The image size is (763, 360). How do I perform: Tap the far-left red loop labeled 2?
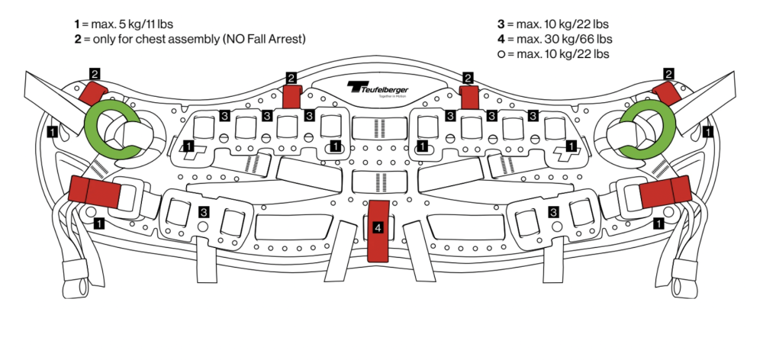pyautogui.click(x=94, y=93)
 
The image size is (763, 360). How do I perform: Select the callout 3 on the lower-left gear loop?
pyautogui.click(x=204, y=211)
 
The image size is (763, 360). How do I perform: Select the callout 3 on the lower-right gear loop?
pyautogui.click(x=553, y=211)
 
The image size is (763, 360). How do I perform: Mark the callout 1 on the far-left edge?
pyautogui.click(x=51, y=131)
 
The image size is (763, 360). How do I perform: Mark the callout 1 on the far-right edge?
pyautogui.click(x=708, y=131)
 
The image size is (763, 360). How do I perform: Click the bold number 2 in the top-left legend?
pyautogui.click(x=78, y=39)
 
